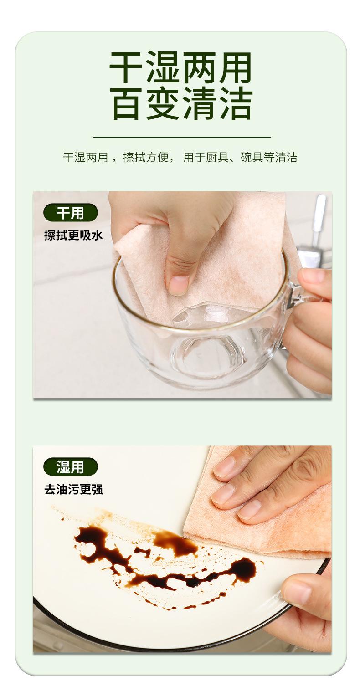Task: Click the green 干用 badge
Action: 71,213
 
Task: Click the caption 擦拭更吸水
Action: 73,235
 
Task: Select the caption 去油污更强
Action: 73,489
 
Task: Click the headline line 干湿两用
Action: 181,67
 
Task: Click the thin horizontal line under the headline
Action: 182,137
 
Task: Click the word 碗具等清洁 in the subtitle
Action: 269,157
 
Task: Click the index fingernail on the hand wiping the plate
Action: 224,467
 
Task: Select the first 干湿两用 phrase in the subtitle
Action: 86,158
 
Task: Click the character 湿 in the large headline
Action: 163,67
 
